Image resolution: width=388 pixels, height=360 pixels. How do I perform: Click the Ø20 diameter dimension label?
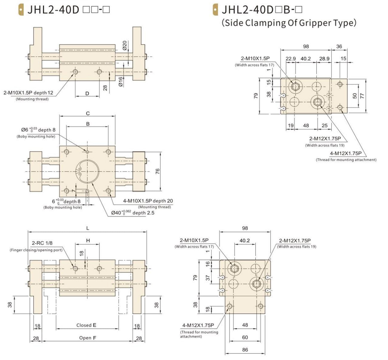(x=125, y=45)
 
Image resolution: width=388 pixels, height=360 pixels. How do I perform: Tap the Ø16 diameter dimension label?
(x=121, y=82)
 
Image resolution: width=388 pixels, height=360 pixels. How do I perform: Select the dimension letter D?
(x=87, y=94)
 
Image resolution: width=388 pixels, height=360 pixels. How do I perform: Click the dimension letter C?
(x=88, y=113)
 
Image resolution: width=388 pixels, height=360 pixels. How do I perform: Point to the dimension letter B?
(x=88, y=124)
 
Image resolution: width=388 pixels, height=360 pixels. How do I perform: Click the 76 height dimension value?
(x=158, y=171)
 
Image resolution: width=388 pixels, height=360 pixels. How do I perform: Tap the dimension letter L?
(x=88, y=228)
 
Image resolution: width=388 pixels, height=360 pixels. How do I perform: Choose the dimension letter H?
(x=88, y=240)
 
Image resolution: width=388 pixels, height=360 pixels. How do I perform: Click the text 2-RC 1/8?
(x=42, y=243)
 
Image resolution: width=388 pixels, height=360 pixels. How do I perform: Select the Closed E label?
(x=86, y=325)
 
